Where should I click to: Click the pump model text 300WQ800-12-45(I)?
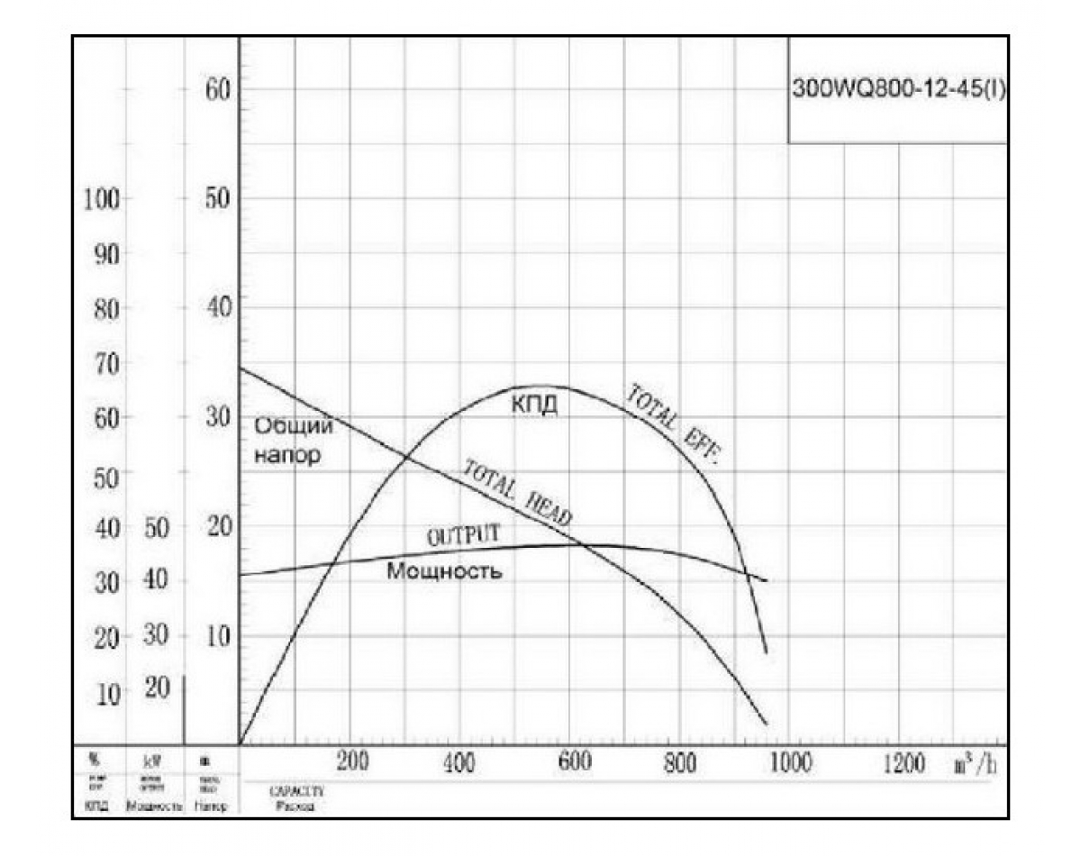[x=897, y=89]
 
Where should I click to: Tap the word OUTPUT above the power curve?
[x=463, y=535]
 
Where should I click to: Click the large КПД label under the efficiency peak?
[x=535, y=405]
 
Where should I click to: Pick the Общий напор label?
[x=291, y=440]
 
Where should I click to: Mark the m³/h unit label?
[x=975, y=765]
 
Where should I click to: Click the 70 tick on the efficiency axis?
[x=107, y=365]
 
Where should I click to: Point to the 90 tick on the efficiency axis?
[x=107, y=256]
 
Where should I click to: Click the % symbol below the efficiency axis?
[x=94, y=762]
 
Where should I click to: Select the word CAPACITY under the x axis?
[x=295, y=790]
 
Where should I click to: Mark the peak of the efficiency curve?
[x=531, y=386]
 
